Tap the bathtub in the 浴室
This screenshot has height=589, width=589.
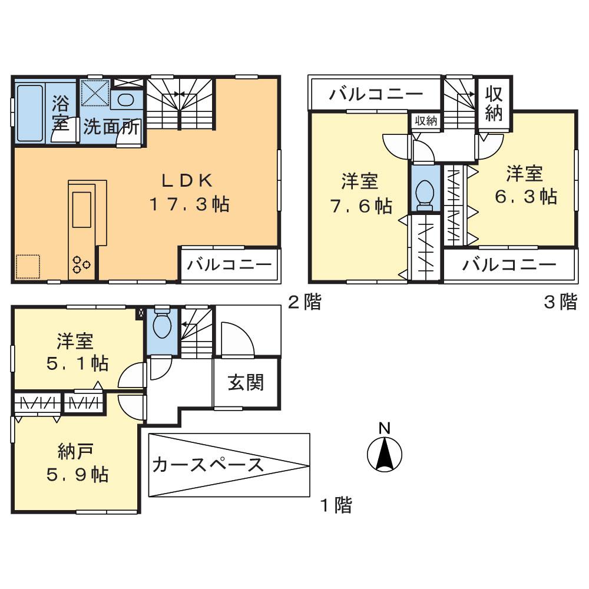29,113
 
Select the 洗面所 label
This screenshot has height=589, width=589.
110,127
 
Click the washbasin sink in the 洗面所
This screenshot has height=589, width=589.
125,100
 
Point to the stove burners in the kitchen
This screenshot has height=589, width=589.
81,265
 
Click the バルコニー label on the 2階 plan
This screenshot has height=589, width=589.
230,264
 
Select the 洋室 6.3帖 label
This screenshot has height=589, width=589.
525,185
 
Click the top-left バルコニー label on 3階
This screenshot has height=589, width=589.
376,94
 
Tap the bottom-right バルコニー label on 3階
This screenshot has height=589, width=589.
509,264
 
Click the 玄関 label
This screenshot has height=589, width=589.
246,383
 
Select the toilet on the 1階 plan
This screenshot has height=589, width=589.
160,326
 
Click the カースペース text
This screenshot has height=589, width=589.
207,465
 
